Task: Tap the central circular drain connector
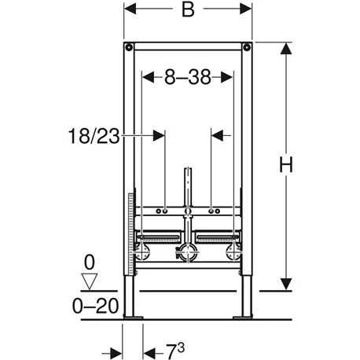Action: (x=187, y=254)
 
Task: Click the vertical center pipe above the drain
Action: (x=187, y=189)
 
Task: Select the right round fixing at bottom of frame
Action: (x=232, y=254)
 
